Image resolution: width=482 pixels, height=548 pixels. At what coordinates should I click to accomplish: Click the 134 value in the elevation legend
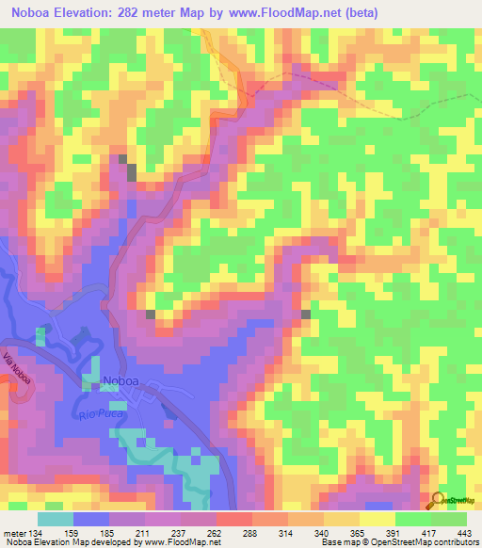(x=40, y=532)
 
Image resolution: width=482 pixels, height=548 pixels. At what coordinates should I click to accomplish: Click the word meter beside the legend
(x=14, y=532)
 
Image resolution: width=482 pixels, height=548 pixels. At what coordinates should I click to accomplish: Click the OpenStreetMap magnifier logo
(x=438, y=501)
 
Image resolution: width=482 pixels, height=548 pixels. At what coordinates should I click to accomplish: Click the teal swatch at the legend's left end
(x=56, y=518)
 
